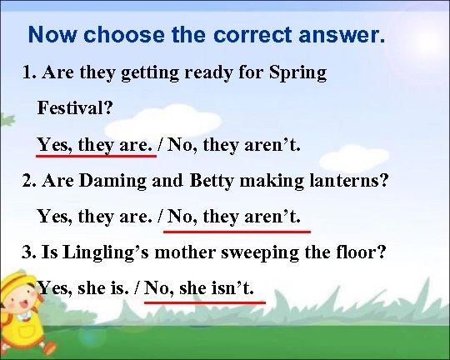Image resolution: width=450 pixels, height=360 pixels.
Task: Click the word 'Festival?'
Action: (76, 109)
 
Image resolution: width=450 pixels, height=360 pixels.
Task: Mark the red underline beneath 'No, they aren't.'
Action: (238, 230)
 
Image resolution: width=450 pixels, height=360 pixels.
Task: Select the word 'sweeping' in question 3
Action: (250, 252)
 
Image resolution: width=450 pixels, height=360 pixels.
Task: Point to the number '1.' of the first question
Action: (30, 72)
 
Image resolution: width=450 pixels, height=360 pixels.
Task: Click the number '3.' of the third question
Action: (30, 252)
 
